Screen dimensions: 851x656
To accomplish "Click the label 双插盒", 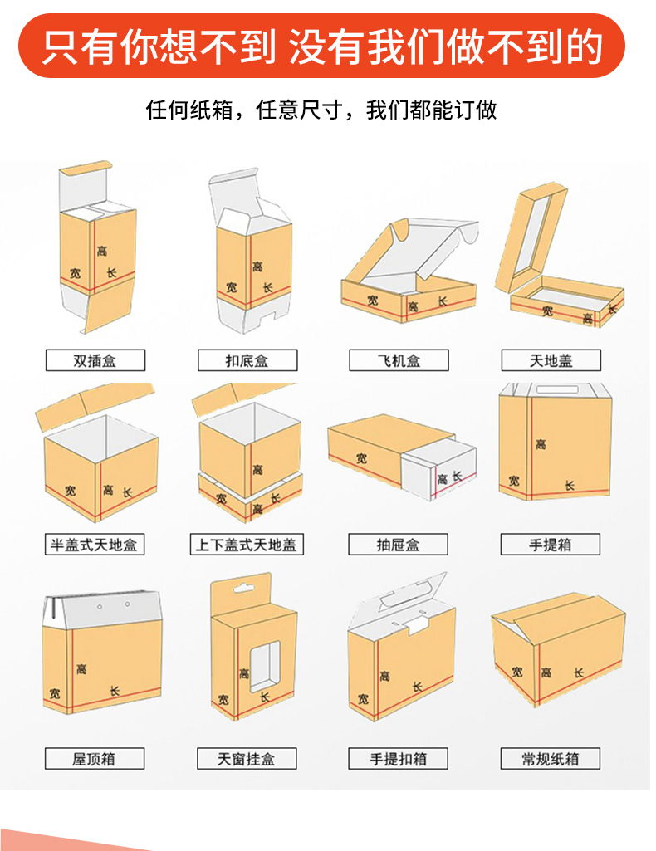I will point(95,361).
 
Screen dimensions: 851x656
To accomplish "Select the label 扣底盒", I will point(247,361).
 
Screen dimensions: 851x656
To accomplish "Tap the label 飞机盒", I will point(399,361).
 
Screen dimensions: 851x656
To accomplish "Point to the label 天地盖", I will point(551,361).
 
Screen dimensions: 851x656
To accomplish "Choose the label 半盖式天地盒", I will point(95,545).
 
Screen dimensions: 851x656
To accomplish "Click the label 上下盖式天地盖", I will point(247,545).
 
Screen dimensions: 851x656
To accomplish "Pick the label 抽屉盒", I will point(399,545).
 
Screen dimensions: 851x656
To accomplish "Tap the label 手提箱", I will point(551,545).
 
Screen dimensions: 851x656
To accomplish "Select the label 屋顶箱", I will point(95,758).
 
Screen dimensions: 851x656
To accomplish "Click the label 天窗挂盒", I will point(247,758).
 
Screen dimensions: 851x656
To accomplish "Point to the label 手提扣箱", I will point(399,758).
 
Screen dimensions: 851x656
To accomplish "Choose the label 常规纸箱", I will point(551,758).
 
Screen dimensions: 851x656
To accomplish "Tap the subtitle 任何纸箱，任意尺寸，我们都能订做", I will point(321,110).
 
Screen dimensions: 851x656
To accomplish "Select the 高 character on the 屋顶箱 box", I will point(81,668).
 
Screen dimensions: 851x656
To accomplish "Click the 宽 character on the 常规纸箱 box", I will point(517,671).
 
